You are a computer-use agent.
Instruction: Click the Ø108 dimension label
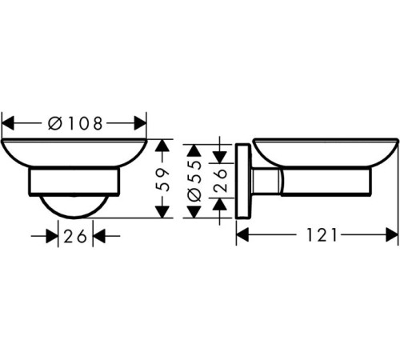pyautogui.click(x=75, y=123)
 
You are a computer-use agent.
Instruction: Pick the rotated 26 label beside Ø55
pyautogui.click(x=220, y=180)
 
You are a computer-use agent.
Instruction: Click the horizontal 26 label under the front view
pyautogui.click(x=75, y=236)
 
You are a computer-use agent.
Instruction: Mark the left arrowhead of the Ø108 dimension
pyautogui.click(x=7, y=123)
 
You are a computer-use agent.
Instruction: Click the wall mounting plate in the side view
pyautogui.click(x=242, y=181)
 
